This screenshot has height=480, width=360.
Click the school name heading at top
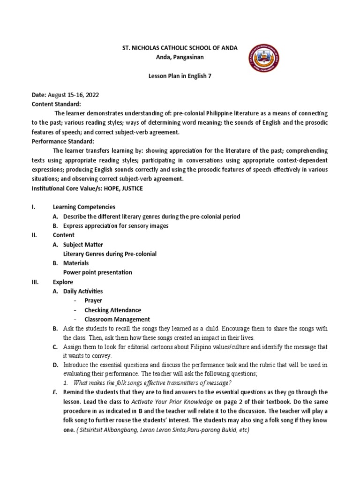173,48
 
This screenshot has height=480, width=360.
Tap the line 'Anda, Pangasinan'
173,57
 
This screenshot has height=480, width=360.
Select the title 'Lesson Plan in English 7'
173,76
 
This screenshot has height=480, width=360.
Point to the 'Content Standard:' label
56,104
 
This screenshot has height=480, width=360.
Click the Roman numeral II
34,235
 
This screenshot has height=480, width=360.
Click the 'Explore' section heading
63,282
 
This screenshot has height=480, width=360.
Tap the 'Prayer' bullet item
93,300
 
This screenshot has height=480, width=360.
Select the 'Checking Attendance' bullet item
112,310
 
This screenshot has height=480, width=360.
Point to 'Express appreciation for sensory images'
116,225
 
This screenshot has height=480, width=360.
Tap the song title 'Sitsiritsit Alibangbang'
112,430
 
